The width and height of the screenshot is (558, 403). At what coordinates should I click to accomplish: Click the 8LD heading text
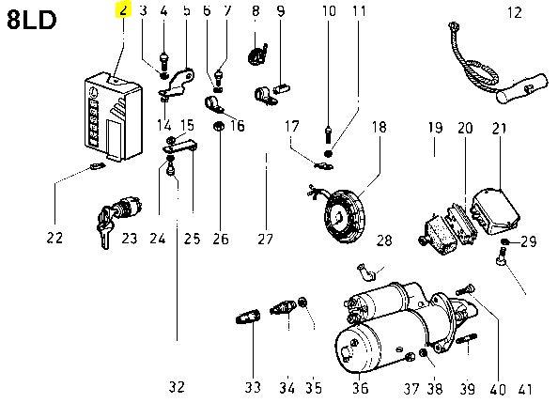pos(31,20)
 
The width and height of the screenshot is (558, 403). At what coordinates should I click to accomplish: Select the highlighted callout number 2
pos(123,10)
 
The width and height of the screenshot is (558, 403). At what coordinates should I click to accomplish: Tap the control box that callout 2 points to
pos(113,116)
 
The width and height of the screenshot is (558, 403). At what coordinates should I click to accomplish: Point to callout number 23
pos(130,239)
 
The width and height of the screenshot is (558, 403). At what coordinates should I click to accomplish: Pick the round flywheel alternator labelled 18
pos(345,216)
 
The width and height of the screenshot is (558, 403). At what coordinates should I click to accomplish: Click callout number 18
pos(379,127)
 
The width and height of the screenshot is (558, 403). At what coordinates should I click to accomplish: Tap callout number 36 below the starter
pos(360,388)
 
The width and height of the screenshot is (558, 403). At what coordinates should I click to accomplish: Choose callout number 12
pos(514,13)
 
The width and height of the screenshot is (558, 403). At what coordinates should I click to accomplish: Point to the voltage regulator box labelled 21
pos(495,211)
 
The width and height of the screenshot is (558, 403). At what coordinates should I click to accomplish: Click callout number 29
pos(529,241)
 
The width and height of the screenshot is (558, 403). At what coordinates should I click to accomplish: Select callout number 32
pos(177,386)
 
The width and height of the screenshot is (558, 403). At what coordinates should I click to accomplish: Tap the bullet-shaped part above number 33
pos(248,317)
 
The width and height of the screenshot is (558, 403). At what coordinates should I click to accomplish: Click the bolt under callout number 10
pos(329,135)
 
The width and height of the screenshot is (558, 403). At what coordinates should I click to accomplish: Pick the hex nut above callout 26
pos(219,127)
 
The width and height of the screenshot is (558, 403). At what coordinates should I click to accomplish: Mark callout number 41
pos(525,390)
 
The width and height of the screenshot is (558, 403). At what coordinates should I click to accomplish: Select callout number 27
pos(265,239)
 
